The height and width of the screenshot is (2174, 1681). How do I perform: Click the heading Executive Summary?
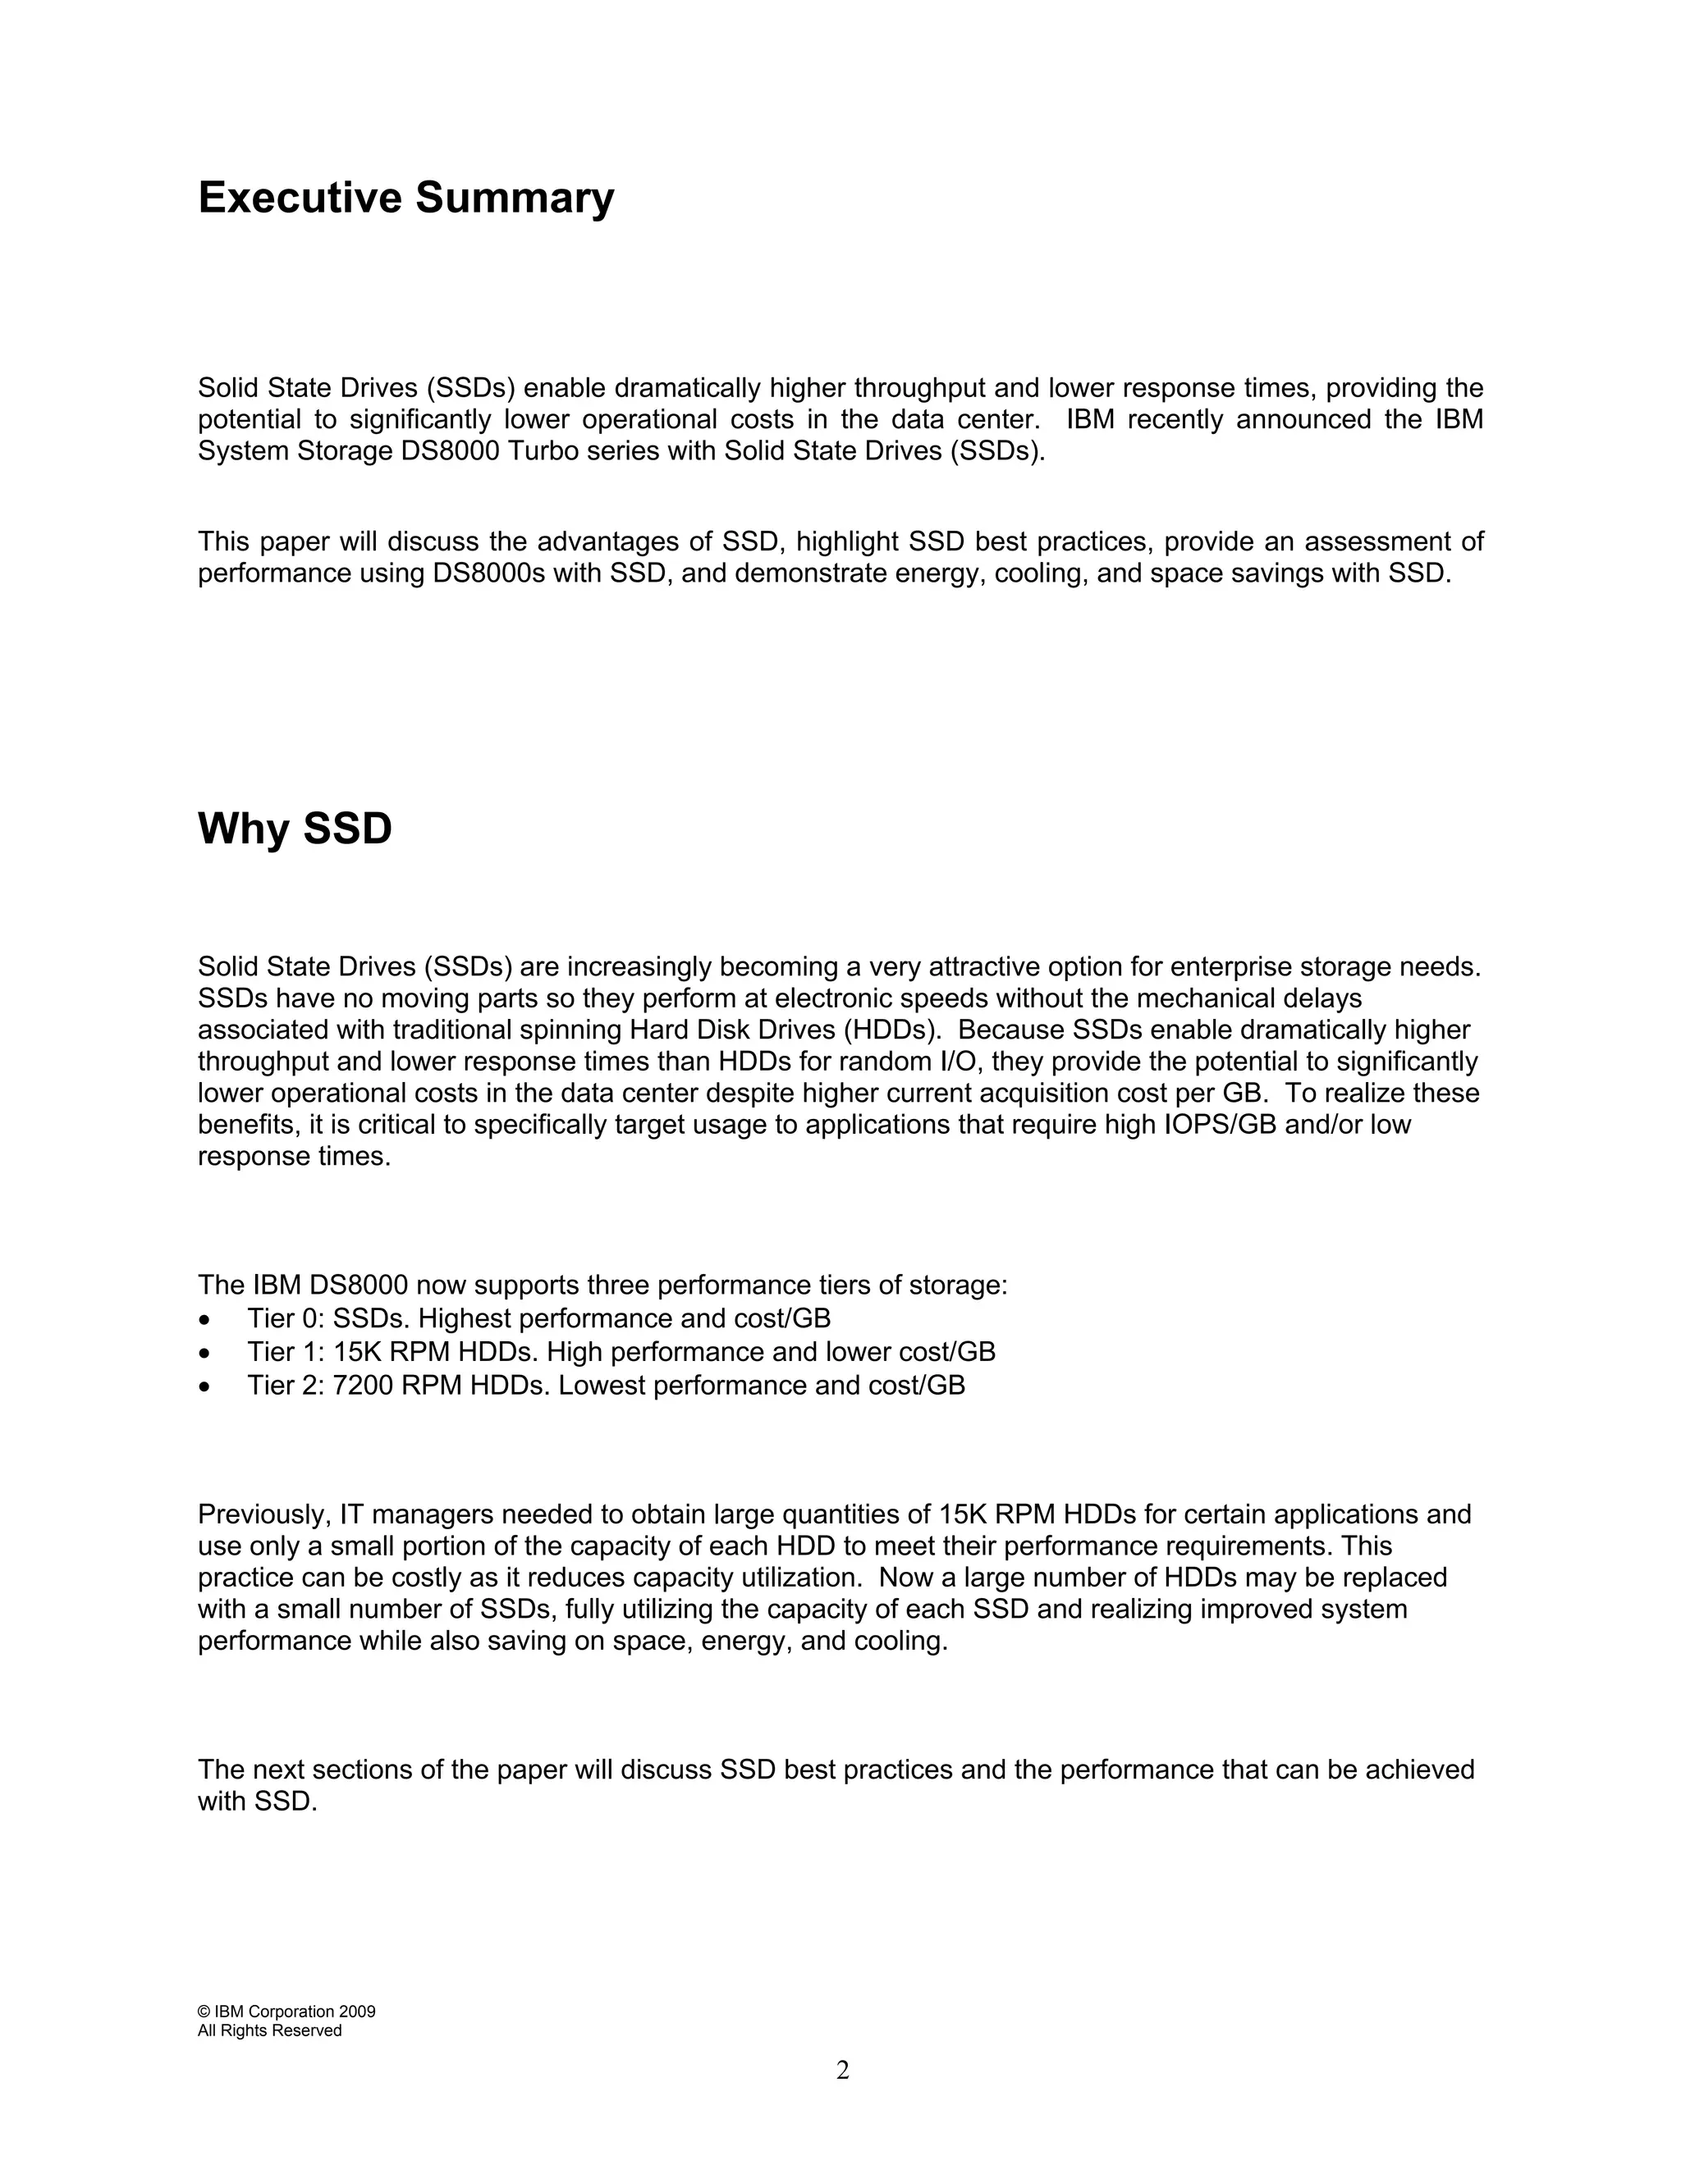pos(405,197)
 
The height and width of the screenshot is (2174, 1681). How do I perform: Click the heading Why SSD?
pos(295,829)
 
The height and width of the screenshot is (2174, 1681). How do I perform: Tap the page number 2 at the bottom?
pos(842,2071)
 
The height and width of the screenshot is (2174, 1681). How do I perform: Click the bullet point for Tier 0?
pos(204,1320)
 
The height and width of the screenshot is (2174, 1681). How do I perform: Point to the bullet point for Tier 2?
pos(204,1386)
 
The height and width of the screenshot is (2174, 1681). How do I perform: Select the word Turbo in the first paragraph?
pos(541,451)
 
